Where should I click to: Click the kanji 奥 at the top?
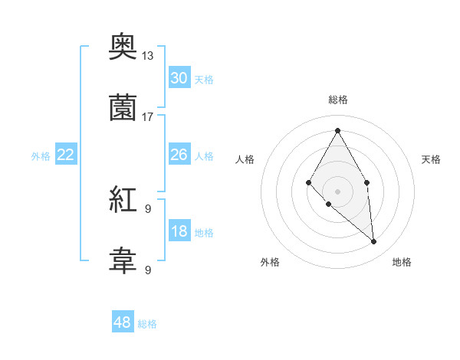(x=123, y=49)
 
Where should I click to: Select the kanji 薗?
(x=123, y=108)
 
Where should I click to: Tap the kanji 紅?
(x=123, y=201)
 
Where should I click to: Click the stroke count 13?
(x=148, y=56)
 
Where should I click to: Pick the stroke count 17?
(x=148, y=116)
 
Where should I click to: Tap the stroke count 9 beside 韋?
(x=148, y=270)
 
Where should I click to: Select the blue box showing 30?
(x=179, y=78)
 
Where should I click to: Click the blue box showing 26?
(x=179, y=155)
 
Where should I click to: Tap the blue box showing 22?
(x=66, y=155)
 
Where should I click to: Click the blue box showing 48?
(x=123, y=322)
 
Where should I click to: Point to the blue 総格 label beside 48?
(x=147, y=324)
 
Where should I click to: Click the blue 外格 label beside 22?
(x=41, y=156)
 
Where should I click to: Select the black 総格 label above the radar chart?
(x=337, y=100)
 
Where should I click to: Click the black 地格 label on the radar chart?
(x=402, y=262)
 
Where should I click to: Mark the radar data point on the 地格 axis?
(x=373, y=242)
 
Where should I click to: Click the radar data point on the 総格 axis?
(x=337, y=130)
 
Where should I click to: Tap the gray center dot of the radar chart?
(x=337, y=191)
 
